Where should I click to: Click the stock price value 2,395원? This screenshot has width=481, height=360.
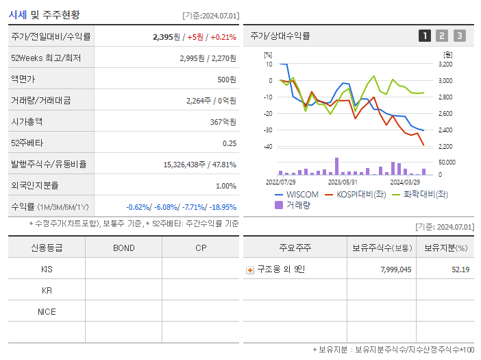pos(166,37)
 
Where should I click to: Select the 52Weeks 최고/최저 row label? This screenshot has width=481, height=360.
pos(46,58)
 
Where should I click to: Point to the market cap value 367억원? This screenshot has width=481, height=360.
pos(223,122)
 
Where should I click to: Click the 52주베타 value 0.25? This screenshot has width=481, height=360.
pos(230,143)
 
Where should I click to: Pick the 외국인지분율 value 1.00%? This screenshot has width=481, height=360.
pos(225,186)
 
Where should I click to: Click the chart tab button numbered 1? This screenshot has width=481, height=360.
pos(425,36)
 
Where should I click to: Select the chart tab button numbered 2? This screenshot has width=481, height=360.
pos(442,36)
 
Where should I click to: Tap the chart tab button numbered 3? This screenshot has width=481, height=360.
pos(459,36)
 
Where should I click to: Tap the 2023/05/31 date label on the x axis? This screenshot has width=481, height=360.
pos(343,182)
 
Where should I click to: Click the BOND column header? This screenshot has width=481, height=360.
pos(123,248)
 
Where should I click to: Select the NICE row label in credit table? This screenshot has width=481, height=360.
pos(47,312)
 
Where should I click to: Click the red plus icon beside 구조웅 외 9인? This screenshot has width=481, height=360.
pos(250,269)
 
